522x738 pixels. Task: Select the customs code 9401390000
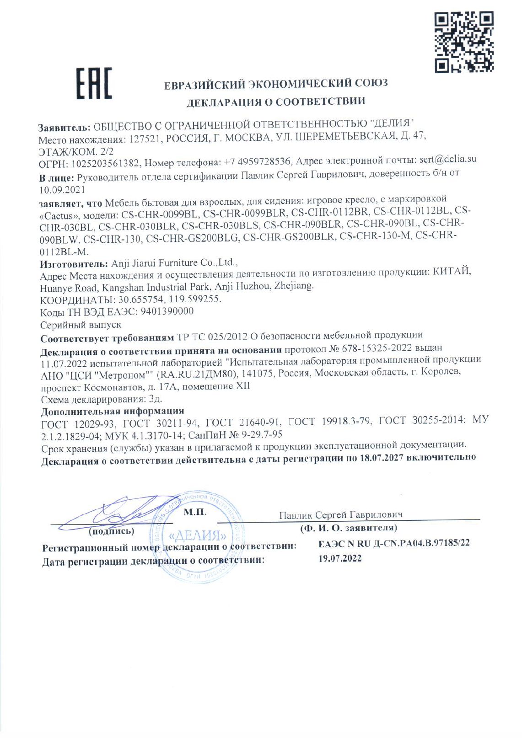point(167,311)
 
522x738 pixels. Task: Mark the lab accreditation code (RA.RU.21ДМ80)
point(197,374)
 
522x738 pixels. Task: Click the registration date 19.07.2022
point(339,558)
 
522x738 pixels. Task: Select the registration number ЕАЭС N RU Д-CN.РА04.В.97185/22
point(393,543)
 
